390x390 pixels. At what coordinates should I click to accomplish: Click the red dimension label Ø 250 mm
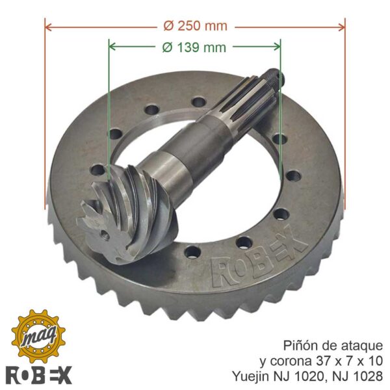point(195,26)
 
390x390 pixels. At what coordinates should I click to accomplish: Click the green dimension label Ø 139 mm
point(194,47)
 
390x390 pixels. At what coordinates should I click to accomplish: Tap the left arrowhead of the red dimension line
point(48,27)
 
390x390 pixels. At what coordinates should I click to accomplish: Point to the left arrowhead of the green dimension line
point(112,46)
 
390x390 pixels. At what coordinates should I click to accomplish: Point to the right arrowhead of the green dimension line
point(277,46)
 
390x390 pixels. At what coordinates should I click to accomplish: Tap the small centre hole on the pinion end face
point(105,234)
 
